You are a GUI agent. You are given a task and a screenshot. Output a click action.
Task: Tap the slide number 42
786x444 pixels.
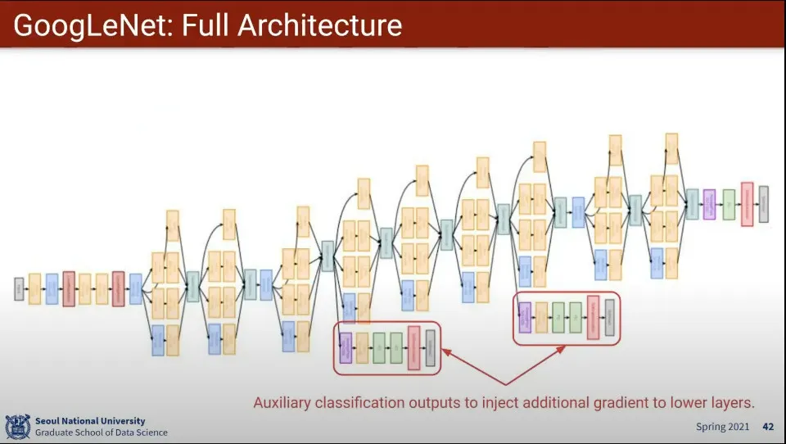(768, 427)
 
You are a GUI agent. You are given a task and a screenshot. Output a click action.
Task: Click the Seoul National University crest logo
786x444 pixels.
(17, 427)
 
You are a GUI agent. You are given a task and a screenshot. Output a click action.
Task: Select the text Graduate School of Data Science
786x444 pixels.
(101, 433)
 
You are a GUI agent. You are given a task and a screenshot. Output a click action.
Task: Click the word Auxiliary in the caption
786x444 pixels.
(285, 402)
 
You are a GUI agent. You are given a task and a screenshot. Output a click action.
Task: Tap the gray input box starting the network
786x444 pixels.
(19, 288)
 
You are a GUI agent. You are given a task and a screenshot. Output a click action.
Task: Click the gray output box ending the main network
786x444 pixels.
(764, 203)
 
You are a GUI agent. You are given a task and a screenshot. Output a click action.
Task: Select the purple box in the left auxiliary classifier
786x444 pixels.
(346, 347)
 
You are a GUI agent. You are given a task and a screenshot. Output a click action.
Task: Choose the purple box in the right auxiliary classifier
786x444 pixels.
(525, 317)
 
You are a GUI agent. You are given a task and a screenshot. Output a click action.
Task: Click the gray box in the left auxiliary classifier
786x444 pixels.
(431, 347)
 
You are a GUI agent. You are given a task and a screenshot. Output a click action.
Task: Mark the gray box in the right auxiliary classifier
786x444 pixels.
(609, 317)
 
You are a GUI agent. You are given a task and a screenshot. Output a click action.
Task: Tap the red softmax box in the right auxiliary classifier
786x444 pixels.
(593, 317)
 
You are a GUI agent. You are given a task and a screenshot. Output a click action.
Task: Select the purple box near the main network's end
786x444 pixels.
(709, 204)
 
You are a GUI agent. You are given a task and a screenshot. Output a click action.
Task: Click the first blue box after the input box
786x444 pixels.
(52, 289)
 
